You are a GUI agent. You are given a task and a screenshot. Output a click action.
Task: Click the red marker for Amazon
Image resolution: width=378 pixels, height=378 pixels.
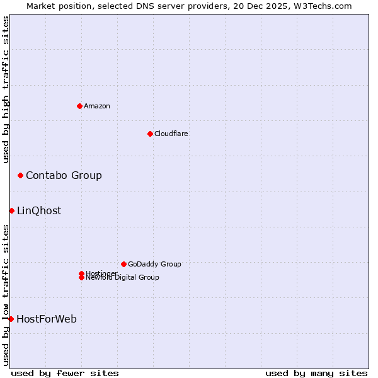click(x=79, y=106)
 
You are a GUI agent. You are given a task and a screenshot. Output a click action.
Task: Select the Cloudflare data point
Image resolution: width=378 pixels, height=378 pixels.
click(x=150, y=134)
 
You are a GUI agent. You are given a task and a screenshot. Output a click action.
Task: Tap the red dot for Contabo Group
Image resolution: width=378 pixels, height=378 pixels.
click(x=20, y=175)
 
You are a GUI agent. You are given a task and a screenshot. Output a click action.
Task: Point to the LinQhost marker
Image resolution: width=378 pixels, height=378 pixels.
click(x=11, y=210)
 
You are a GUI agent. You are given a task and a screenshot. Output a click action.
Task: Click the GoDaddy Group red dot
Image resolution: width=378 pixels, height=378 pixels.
click(x=123, y=264)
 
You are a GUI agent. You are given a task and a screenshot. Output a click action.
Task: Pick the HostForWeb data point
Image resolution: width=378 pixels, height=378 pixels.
click(x=11, y=319)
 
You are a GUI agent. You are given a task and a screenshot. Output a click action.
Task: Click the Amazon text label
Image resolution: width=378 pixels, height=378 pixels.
click(x=97, y=106)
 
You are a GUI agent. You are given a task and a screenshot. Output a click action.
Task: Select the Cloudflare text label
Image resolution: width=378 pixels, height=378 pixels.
click(x=171, y=134)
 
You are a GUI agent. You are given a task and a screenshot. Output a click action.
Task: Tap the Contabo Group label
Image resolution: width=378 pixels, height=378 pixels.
click(x=64, y=175)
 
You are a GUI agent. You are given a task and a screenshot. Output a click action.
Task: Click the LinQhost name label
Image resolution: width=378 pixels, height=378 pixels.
click(x=39, y=210)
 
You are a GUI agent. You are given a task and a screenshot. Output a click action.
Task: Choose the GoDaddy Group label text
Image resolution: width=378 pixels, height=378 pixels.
click(x=154, y=264)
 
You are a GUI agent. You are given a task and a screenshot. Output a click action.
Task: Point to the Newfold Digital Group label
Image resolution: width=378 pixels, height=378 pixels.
click(x=122, y=278)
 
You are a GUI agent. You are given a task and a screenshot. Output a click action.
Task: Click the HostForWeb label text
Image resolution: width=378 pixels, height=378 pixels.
click(x=47, y=319)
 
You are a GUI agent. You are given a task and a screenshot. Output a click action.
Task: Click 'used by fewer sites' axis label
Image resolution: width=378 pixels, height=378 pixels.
click(x=65, y=373)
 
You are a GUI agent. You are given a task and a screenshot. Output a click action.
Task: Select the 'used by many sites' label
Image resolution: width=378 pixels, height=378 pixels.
click(x=316, y=373)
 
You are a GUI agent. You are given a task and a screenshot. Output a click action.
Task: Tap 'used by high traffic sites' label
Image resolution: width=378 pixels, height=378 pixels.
click(x=6, y=89)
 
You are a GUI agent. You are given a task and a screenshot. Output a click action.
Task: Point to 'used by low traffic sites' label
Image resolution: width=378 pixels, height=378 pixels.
click(x=6, y=294)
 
